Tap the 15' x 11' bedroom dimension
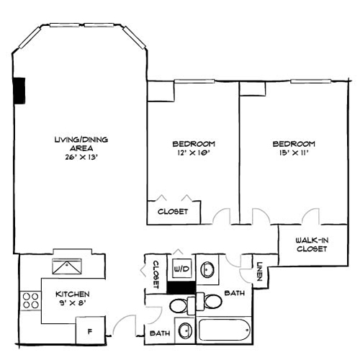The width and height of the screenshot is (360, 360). click(x=294, y=153)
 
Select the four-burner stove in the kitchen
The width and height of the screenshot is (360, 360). click(x=31, y=300)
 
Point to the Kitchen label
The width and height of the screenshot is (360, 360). click(x=73, y=294)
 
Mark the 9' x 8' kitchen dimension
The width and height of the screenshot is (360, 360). click(x=73, y=304)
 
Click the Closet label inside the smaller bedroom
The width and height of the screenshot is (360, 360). click(x=173, y=212)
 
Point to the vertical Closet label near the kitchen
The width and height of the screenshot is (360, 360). click(x=155, y=274)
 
